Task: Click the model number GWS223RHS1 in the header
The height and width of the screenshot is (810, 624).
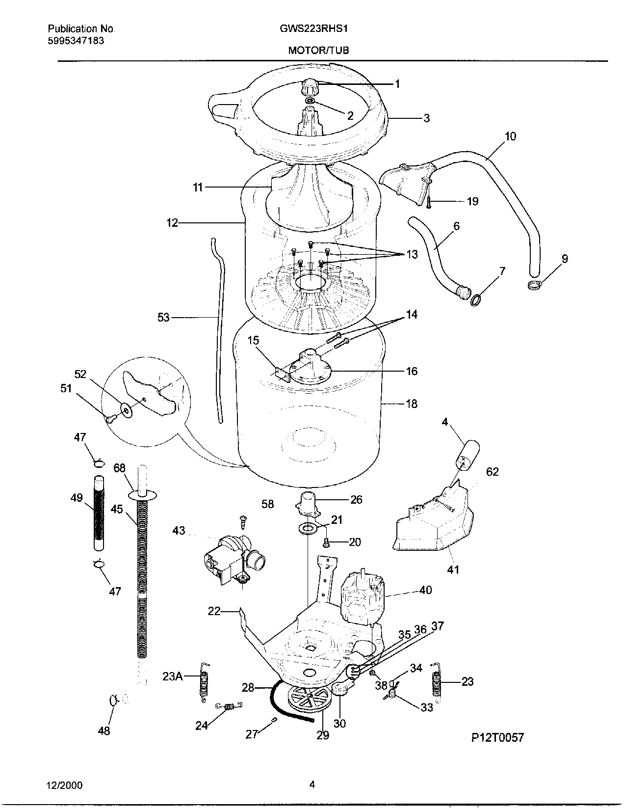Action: (313, 28)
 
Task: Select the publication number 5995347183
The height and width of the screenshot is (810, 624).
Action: (76, 41)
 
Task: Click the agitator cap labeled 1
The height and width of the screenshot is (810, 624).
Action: (310, 87)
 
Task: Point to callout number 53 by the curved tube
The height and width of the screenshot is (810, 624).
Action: (163, 318)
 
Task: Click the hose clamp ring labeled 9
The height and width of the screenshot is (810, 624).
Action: (535, 283)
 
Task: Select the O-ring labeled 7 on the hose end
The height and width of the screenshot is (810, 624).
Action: (475, 299)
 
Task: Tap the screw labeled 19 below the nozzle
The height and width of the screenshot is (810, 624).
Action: (428, 202)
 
